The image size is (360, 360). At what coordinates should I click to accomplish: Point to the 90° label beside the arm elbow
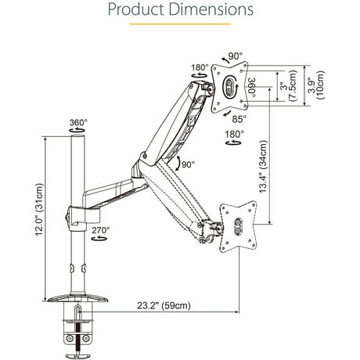[x=188, y=165]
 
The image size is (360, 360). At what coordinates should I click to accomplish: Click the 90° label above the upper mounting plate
[x=236, y=57]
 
